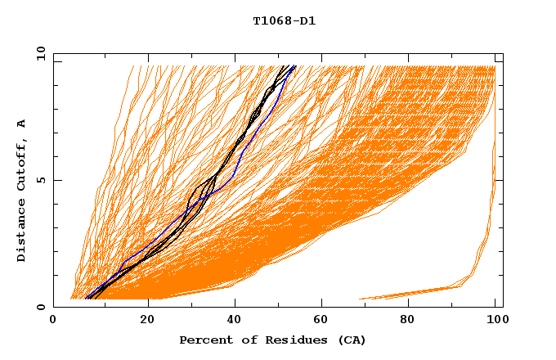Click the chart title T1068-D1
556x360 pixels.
pos(284,21)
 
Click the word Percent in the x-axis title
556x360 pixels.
pos(203,340)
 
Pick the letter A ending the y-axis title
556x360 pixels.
pos(21,123)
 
